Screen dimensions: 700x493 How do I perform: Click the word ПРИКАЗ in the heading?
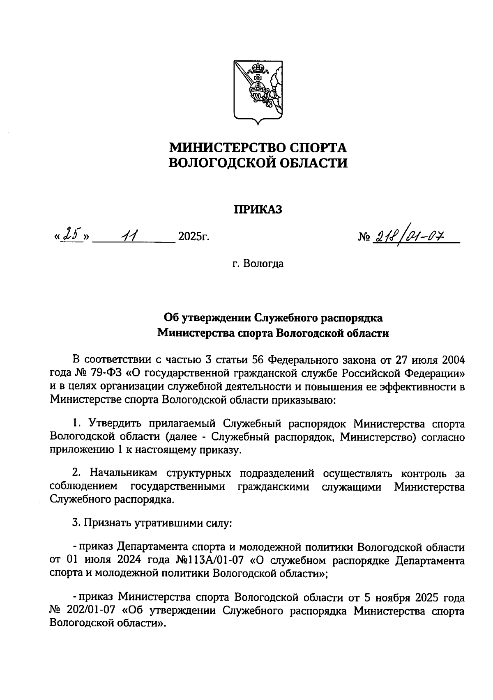[258, 210]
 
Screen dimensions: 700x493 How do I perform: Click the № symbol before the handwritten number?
[364, 237]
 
